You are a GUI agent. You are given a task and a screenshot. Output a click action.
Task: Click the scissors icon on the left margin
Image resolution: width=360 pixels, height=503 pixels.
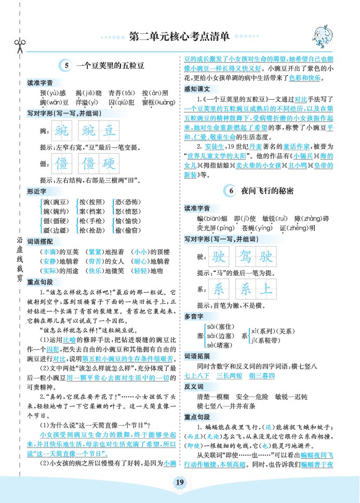click(20, 45)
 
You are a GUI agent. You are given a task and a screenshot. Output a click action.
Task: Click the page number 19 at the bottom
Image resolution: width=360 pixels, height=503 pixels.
click(180, 483)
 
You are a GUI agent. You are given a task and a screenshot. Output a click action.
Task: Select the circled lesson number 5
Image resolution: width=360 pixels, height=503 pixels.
click(66, 66)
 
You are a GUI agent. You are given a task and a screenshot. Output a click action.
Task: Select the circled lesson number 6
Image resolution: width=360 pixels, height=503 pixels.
click(231, 191)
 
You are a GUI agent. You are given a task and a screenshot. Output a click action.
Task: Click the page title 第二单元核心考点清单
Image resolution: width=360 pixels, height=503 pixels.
click(179, 37)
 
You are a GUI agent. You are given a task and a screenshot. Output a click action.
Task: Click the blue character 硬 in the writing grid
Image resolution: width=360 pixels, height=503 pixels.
click(108, 164)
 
